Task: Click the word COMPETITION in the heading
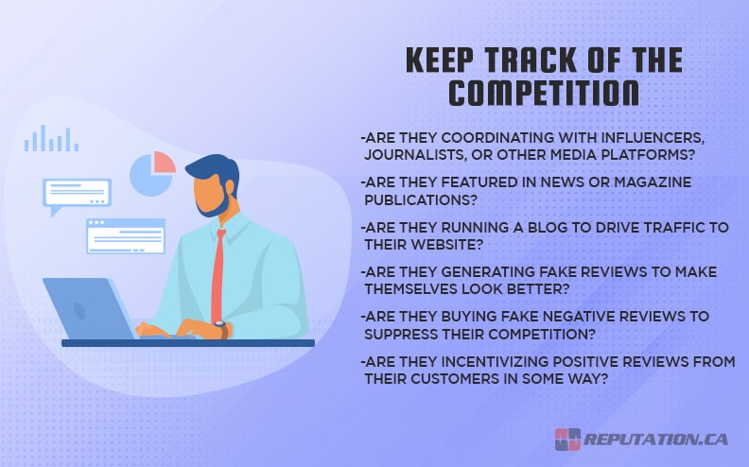[x=543, y=93]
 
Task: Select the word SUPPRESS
[x=402, y=333]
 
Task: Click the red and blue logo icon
[x=567, y=440]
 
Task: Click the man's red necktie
[x=218, y=275]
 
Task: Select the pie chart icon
[x=152, y=173]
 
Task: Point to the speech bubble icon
[x=76, y=195]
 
